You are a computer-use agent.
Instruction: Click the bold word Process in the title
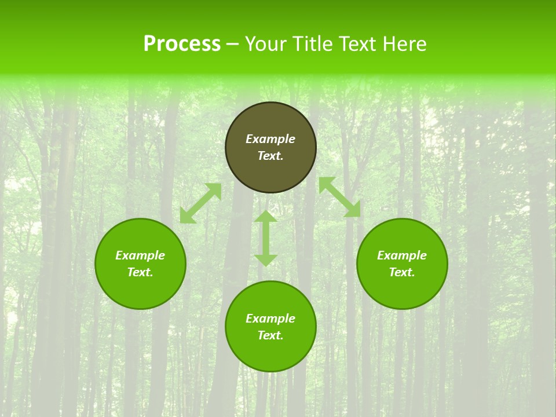click(182, 44)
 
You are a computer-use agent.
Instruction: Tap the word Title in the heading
click(313, 44)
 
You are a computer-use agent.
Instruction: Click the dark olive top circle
click(270, 119)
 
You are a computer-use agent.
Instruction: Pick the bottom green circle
click(270, 353)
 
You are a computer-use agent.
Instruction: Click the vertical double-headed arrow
click(266, 238)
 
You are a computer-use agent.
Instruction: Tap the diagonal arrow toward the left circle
click(200, 203)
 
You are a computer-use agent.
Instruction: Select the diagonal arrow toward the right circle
click(339, 197)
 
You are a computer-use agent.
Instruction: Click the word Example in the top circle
click(270, 139)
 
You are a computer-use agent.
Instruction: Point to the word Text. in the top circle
click(270, 156)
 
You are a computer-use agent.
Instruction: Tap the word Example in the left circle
click(140, 255)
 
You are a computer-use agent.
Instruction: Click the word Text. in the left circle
click(140, 272)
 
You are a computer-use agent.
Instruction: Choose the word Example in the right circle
click(402, 255)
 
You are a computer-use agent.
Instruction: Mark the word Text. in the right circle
click(402, 272)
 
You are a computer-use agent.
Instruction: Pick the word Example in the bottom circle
click(270, 319)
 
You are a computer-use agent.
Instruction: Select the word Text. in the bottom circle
click(270, 335)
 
